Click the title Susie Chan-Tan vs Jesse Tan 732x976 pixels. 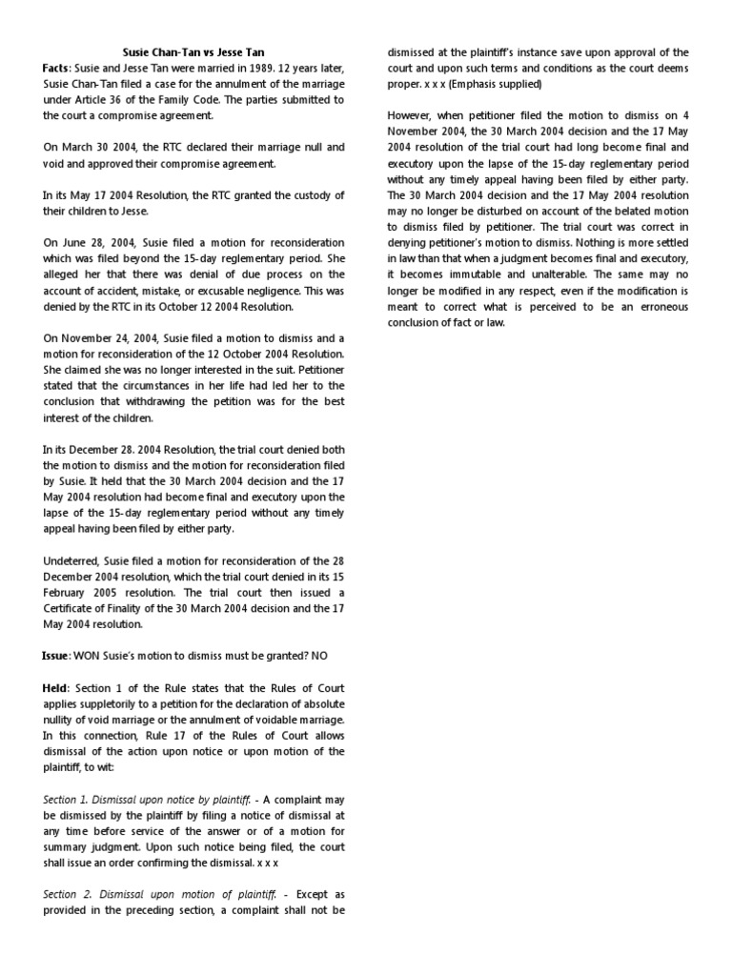tap(193, 52)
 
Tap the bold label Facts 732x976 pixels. tap(55, 69)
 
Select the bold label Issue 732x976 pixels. tap(55, 657)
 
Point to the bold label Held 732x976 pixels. tap(56, 688)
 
